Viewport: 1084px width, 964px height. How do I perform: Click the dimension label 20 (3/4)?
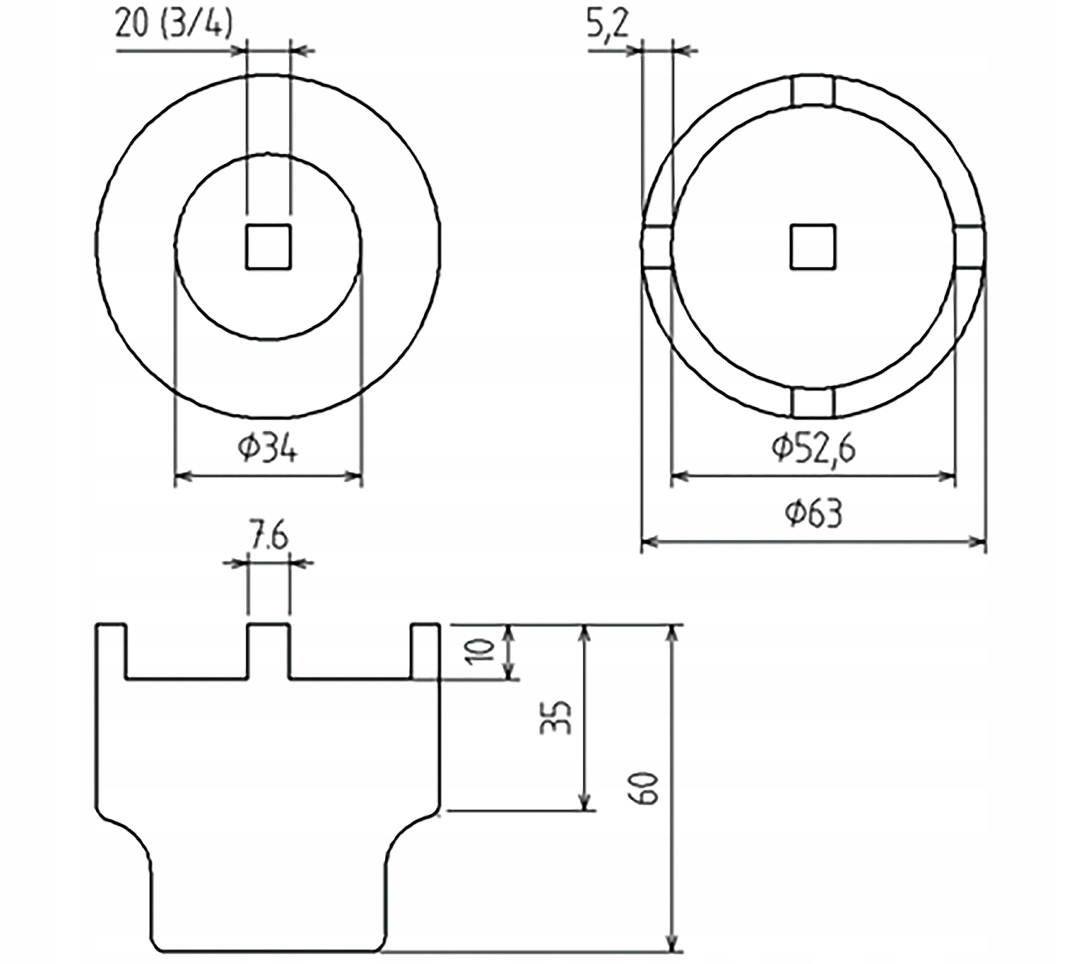[174, 24]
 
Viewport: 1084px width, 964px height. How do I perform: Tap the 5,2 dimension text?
[608, 24]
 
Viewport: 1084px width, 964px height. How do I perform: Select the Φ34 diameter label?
[268, 449]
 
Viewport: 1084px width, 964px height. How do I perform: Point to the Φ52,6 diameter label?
[813, 449]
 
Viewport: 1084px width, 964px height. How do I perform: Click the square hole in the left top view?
[268, 247]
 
